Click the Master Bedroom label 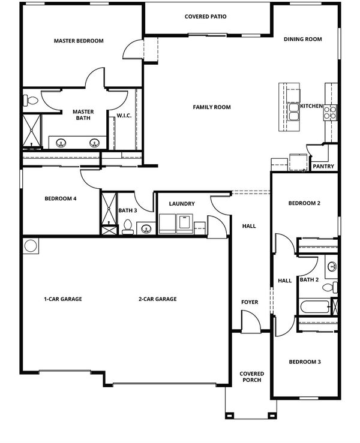pyautogui.click(x=79, y=41)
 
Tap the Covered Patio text pyautogui.click(x=206, y=17)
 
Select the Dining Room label pyautogui.click(x=303, y=40)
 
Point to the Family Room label pyautogui.click(x=212, y=107)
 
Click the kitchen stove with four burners pyautogui.click(x=331, y=113)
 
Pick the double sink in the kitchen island pyautogui.click(x=293, y=111)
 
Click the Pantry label pyautogui.click(x=323, y=167)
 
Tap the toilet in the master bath pyautogui.click(x=31, y=101)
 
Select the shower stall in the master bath pyautogui.click(x=32, y=131)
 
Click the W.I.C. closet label pyautogui.click(x=124, y=116)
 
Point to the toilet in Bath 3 pyautogui.click(x=128, y=227)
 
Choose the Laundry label pyautogui.click(x=182, y=204)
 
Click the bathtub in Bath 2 pyautogui.click(x=315, y=307)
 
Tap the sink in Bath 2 pyautogui.click(x=332, y=266)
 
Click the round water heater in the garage pyautogui.click(x=31, y=246)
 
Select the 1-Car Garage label pyautogui.click(x=63, y=299)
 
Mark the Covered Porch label pyautogui.click(x=251, y=377)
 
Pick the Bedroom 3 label pyautogui.click(x=305, y=362)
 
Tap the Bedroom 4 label pyautogui.click(x=61, y=198)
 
